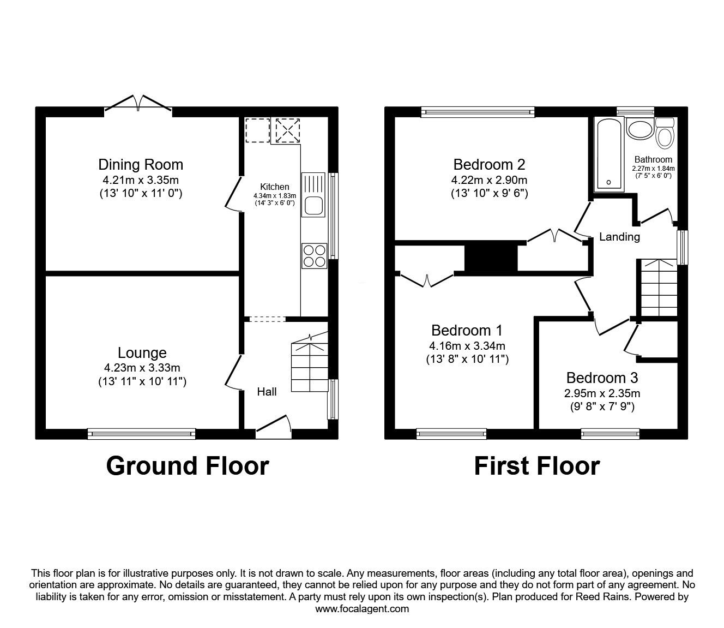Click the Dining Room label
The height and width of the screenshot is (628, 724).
coord(141,164)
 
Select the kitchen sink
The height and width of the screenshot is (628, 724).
coord(313,206)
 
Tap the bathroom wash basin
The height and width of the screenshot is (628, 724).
coord(640,130)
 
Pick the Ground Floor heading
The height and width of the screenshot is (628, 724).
coord(187,466)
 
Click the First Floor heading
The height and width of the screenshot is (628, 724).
coord(536,466)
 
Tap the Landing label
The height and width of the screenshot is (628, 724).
coord(619,237)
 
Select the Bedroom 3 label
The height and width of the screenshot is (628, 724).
coord(602,378)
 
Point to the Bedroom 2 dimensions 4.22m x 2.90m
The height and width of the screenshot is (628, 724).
coord(489,180)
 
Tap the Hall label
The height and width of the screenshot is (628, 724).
coord(267,391)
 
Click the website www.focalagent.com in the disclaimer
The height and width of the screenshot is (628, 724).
coord(362,609)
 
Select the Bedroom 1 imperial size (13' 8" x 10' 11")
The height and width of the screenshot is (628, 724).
coord(467,359)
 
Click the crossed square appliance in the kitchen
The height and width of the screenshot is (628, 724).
coord(287,130)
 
